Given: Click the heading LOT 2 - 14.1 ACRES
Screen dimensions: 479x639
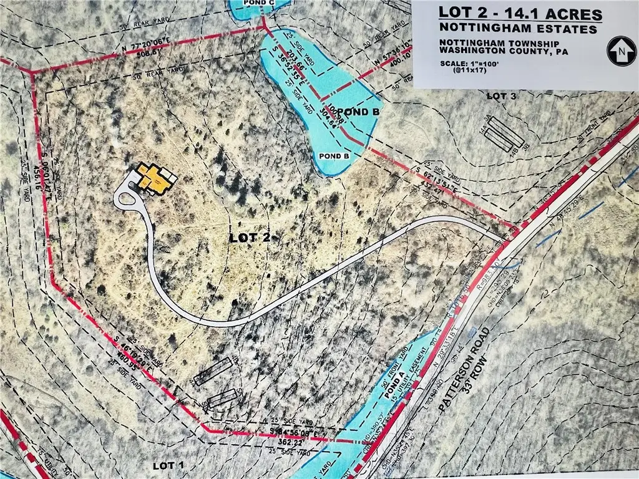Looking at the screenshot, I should pos(520,14).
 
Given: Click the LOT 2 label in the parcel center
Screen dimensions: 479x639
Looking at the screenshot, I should pos(250,237).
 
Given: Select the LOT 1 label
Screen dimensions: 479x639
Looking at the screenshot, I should pos(169,465).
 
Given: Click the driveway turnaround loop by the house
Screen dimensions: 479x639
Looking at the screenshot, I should pos(129,201).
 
